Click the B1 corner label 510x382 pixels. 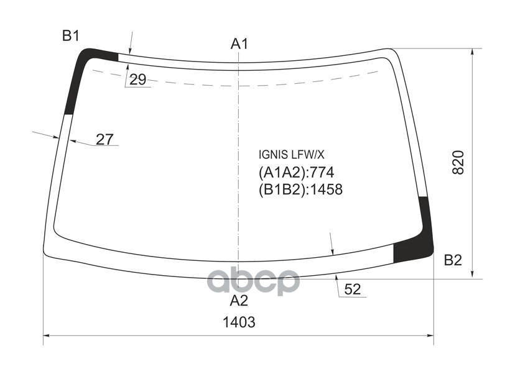(x=70, y=36)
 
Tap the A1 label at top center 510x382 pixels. (x=239, y=43)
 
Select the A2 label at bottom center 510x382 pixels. (x=239, y=301)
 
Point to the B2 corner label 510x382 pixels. (x=453, y=260)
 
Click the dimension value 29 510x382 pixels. (x=138, y=80)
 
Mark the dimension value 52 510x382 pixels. (x=352, y=289)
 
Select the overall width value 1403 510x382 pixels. (x=239, y=322)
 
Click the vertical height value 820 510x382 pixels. (x=458, y=162)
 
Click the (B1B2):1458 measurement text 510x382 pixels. (x=300, y=189)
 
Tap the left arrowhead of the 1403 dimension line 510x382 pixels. (x=47, y=337)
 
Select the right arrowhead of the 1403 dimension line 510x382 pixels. (x=430, y=337)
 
